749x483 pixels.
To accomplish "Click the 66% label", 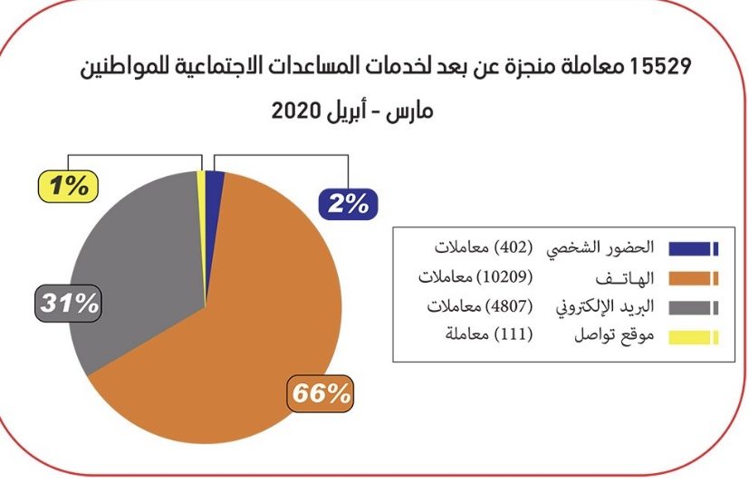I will click(x=320, y=394).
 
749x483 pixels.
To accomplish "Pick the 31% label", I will click(x=68, y=303).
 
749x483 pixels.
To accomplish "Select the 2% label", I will click(x=348, y=205).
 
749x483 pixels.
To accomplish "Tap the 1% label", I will click(x=67, y=187).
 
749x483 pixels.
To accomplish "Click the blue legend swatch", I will click(x=693, y=248).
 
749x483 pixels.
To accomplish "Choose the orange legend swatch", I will click(x=693, y=278).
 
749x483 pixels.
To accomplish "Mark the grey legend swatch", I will click(x=693, y=307).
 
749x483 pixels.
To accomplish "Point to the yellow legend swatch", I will click(x=693, y=337).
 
